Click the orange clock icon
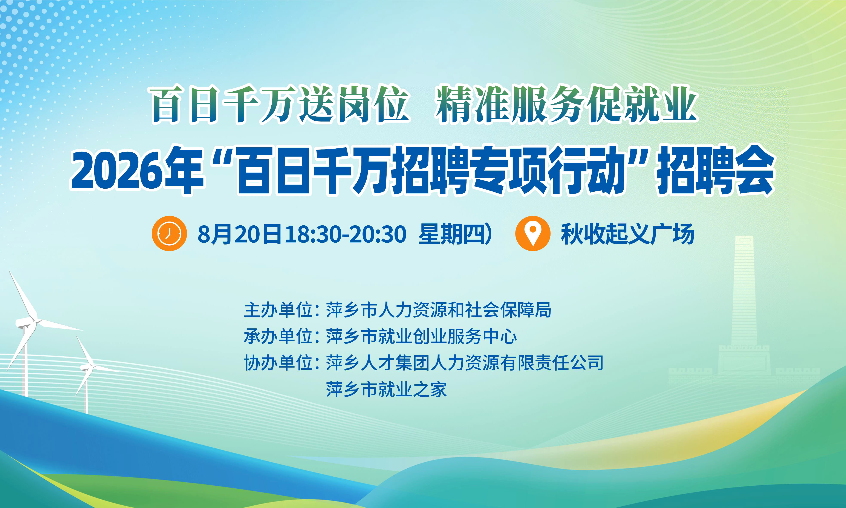click(169, 234)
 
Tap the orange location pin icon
click(532, 234)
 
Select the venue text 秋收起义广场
click(627, 234)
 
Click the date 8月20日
click(239, 234)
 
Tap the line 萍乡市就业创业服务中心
click(421, 336)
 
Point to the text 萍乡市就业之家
click(386, 389)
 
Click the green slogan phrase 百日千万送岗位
click(280, 104)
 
